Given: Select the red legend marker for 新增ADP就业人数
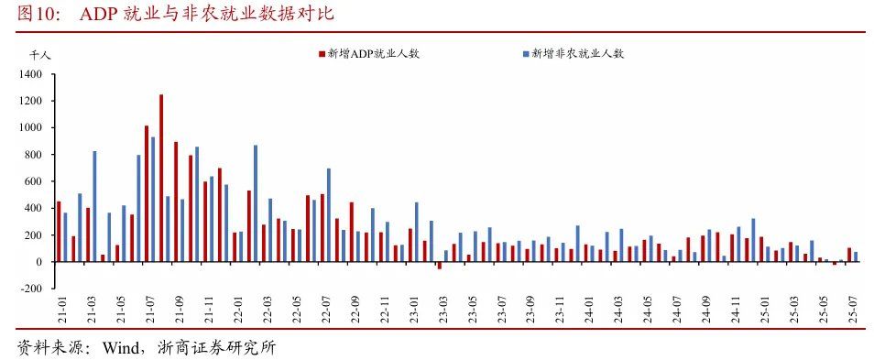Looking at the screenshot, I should pos(321,54).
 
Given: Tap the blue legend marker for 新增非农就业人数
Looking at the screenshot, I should pos(526,54).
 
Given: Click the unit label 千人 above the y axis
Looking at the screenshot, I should pos(27,55).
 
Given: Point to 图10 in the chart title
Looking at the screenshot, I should pos(38,14).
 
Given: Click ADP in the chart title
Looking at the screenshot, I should pos(97,14).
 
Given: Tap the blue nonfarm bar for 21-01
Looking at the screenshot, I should pos(65,237).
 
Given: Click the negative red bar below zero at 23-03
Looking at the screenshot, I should pos(439,265).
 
